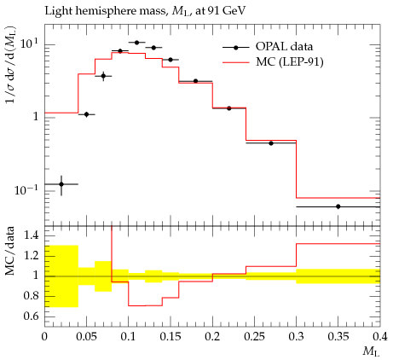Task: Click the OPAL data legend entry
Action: pyautogui.click(x=268, y=47)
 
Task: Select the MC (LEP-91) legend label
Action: pyautogui.click(x=290, y=62)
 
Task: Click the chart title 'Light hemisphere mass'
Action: pyautogui.click(x=105, y=11)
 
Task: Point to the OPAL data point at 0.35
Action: pyautogui.click(x=338, y=206)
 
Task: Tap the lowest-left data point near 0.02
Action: pyautogui.click(x=61, y=184)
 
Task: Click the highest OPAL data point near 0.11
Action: pyautogui.click(x=136, y=43)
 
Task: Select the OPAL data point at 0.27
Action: pyautogui.click(x=271, y=143)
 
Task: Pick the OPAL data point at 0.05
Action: pyautogui.click(x=87, y=114)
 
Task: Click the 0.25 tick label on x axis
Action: pyautogui.click(x=254, y=337)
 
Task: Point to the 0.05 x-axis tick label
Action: pyautogui.click(x=87, y=337)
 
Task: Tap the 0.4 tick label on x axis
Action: pyautogui.click(x=379, y=337)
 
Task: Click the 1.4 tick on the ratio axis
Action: pyautogui.click(x=31, y=235)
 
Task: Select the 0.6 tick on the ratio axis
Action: pyautogui.click(x=31, y=316)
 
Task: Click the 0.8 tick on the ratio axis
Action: pyautogui.click(x=31, y=296)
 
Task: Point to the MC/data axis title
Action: pyautogui.click(x=9, y=251)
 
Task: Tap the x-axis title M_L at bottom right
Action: pyautogui.click(x=371, y=352)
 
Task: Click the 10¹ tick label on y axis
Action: pyautogui.click(x=30, y=45)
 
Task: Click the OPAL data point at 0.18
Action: pyautogui.click(x=195, y=81)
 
